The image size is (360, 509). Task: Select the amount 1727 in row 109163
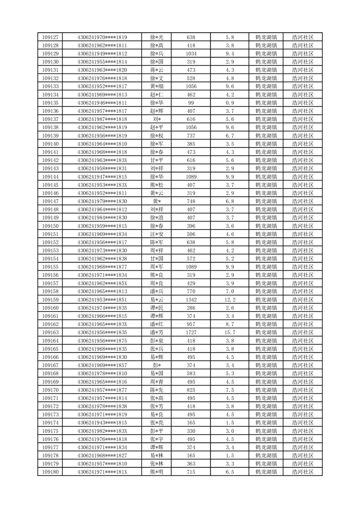tap(191, 333)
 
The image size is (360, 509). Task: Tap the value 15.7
tap(229, 333)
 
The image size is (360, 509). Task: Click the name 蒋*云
tap(156, 70)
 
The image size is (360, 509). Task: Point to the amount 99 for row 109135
tap(191, 103)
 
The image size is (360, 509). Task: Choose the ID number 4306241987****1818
tap(102, 119)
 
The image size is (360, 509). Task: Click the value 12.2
tap(229, 300)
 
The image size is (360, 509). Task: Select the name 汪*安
tap(156, 234)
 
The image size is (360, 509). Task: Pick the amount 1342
tap(191, 300)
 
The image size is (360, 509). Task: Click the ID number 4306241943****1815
tap(102, 423)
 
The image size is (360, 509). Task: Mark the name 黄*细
tap(156, 86)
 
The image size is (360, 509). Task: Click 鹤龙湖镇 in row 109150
tap(267, 226)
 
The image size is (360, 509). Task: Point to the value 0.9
tap(229, 103)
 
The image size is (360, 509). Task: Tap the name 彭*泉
tap(156, 341)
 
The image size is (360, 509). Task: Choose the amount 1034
tap(191, 54)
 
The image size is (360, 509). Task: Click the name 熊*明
tap(156, 472)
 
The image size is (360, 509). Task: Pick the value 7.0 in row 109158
tap(229, 292)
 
